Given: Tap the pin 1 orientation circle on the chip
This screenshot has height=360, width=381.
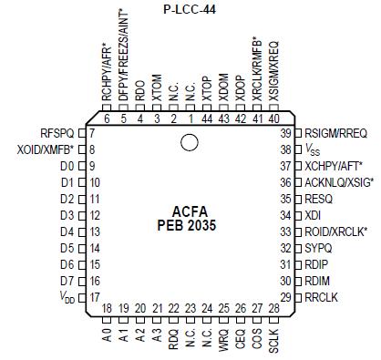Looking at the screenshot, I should [189, 142].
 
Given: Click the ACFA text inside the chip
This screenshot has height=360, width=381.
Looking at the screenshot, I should [189, 211].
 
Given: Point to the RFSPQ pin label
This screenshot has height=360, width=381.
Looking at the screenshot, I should [57, 132].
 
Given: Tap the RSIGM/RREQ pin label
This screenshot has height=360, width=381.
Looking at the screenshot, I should [336, 132].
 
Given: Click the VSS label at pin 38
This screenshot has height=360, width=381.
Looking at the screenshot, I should [313, 149].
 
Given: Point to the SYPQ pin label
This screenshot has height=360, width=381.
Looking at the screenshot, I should [318, 248].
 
